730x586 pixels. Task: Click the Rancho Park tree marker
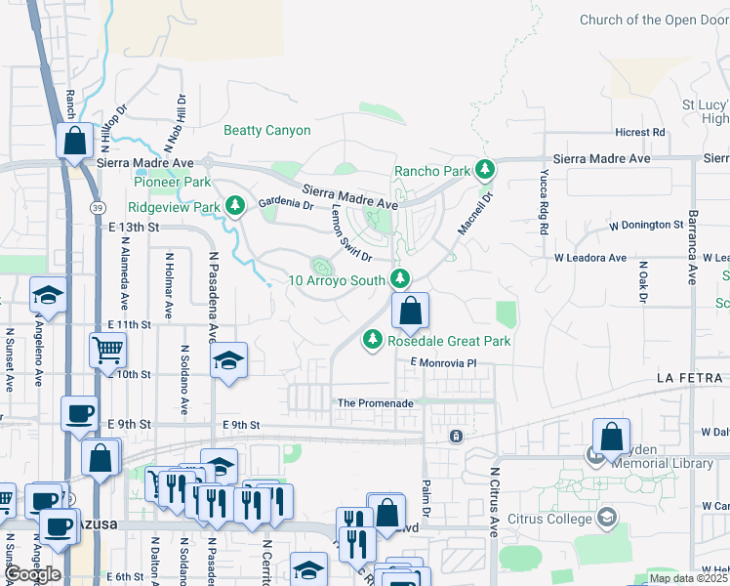pyautogui.click(x=485, y=171)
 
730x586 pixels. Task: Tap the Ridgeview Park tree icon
pyautogui.click(x=234, y=207)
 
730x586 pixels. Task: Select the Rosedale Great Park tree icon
pyautogui.click(x=372, y=341)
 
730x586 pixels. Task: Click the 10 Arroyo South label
pyautogui.click(x=337, y=280)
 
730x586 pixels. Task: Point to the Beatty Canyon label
pyautogui.click(x=267, y=130)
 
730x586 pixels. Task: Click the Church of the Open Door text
pyautogui.click(x=654, y=20)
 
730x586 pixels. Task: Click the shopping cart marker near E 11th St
pyautogui.click(x=107, y=349)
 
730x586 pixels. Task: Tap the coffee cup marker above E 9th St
pyautogui.click(x=79, y=411)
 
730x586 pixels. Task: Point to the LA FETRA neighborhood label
pyautogui.click(x=689, y=378)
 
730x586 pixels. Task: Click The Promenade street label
pyautogui.click(x=376, y=402)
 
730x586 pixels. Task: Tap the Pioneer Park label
pyautogui.click(x=172, y=182)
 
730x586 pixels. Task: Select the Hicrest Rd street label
pyautogui.click(x=639, y=132)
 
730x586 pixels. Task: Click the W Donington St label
pyautogui.click(x=646, y=225)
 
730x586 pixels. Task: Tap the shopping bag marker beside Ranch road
pyautogui.click(x=74, y=141)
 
